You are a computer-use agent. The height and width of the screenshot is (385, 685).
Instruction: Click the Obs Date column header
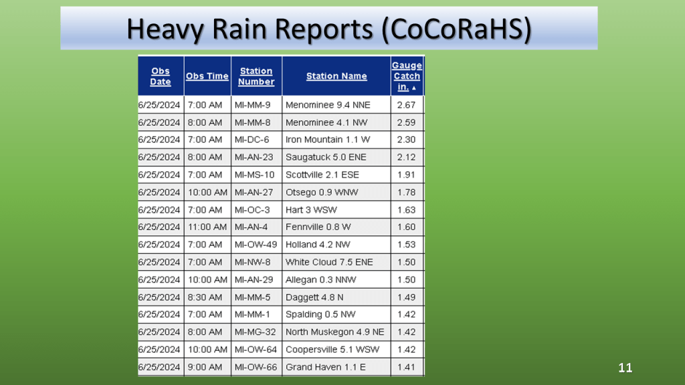tap(161, 76)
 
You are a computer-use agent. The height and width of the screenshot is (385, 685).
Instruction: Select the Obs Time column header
tap(207, 76)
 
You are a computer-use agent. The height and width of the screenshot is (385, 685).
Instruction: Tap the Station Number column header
tap(256, 76)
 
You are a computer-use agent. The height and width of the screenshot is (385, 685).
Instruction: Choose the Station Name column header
tap(336, 76)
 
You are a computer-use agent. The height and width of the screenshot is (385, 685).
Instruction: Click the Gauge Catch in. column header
tap(407, 76)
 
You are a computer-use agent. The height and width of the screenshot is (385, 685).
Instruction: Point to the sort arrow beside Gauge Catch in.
tap(414, 88)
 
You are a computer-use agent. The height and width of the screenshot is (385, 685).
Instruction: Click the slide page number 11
tap(625, 368)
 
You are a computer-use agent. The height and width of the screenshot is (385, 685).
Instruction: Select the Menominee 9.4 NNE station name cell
tap(328, 105)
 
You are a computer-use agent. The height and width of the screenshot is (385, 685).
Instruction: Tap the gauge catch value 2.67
tap(406, 105)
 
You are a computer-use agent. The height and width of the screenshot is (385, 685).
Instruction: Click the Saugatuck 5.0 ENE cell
tap(326, 157)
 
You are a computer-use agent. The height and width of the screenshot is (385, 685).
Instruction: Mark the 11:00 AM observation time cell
tap(207, 227)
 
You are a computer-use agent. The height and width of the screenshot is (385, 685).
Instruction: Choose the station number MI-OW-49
tap(256, 245)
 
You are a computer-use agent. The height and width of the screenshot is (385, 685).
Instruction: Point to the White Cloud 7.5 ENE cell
tap(329, 262)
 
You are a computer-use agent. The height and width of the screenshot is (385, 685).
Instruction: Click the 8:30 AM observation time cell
tap(205, 297)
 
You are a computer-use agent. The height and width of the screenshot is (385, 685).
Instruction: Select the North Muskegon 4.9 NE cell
tap(335, 332)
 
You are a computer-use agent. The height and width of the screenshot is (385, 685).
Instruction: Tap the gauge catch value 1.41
tap(406, 367)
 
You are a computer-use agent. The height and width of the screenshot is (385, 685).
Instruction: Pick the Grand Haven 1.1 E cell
tap(326, 367)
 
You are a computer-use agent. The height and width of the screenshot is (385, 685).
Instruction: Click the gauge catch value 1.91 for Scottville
tap(406, 174)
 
